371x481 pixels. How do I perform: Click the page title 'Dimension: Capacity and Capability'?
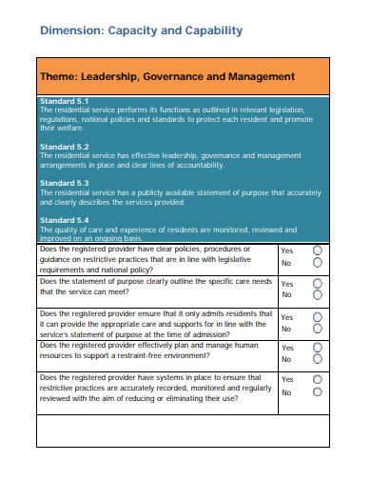[x=141, y=30]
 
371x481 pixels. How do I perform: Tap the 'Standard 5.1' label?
[x=65, y=101]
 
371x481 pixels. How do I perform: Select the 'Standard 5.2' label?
[x=65, y=147]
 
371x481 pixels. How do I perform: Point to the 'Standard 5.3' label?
[x=65, y=182]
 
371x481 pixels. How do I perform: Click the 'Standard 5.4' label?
[x=65, y=219]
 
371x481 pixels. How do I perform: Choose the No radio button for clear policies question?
[x=318, y=264]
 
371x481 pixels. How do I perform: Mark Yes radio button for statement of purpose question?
[x=318, y=284]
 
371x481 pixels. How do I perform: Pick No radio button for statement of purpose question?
[x=318, y=296]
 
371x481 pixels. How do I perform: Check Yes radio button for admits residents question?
[x=318, y=316]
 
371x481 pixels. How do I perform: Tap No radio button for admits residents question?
[x=318, y=330]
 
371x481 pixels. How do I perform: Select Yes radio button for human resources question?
[x=318, y=347]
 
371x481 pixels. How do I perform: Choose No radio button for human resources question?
[x=318, y=360]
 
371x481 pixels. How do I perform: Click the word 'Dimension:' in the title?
[x=71, y=30]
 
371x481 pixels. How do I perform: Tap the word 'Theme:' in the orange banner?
[x=58, y=76]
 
